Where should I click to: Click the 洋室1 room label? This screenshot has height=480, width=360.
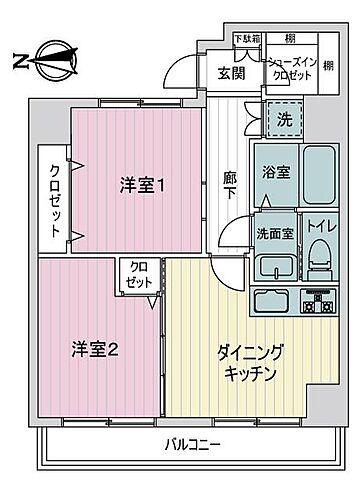point(142,185)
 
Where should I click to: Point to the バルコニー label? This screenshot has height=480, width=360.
point(195,444)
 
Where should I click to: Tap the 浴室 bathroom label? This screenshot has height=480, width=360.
point(276,172)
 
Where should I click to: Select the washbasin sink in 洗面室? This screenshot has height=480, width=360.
point(273,266)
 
